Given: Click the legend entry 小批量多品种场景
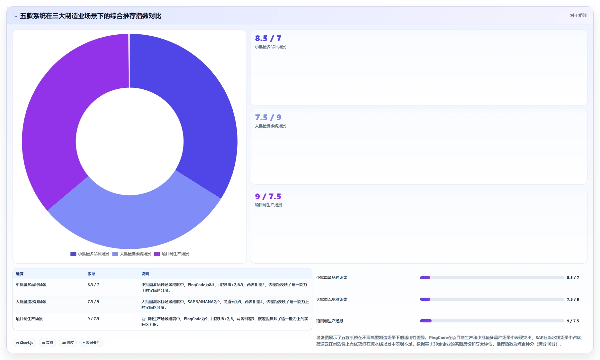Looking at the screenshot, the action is tap(90, 254).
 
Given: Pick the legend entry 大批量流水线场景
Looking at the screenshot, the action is tap(131, 254).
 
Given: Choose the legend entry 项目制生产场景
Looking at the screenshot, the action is tap(172, 254).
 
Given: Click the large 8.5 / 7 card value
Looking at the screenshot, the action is tap(268, 39).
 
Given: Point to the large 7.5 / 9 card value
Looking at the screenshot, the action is tap(268, 118).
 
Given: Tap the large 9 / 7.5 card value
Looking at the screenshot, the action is tap(268, 197).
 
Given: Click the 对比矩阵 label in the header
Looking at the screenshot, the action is tap(578, 15).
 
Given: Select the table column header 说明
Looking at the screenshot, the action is tap(145, 274).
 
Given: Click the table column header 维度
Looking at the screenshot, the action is tap(20, 274).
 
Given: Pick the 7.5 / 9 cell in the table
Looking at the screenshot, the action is tap(93, 302).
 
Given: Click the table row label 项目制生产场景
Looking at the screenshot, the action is tap(29, 319).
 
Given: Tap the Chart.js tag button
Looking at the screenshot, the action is tap(24, 343).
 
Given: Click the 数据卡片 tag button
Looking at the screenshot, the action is tap(91, 343).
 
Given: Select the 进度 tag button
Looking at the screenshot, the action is tap(68, 343).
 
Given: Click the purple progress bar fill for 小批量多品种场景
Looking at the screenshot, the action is tap(425, 278).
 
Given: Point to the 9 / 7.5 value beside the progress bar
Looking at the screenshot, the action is tap(573, 321).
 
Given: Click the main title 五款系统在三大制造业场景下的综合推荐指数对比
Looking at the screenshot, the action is tap(91, 16).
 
